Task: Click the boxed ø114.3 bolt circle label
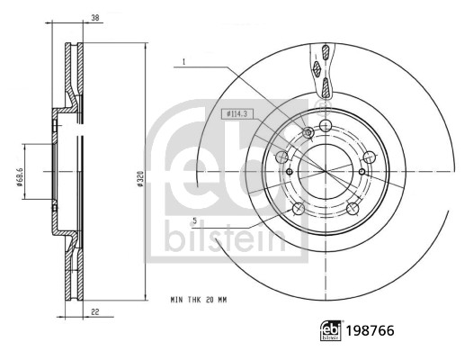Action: tap(236, 112)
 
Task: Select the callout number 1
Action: tap(183, 62)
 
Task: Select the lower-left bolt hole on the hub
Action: tap(298, 209)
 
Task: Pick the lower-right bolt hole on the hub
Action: tap(353, 208)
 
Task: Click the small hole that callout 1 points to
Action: tap(308, 133)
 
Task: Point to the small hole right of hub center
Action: tap(361, 171)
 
